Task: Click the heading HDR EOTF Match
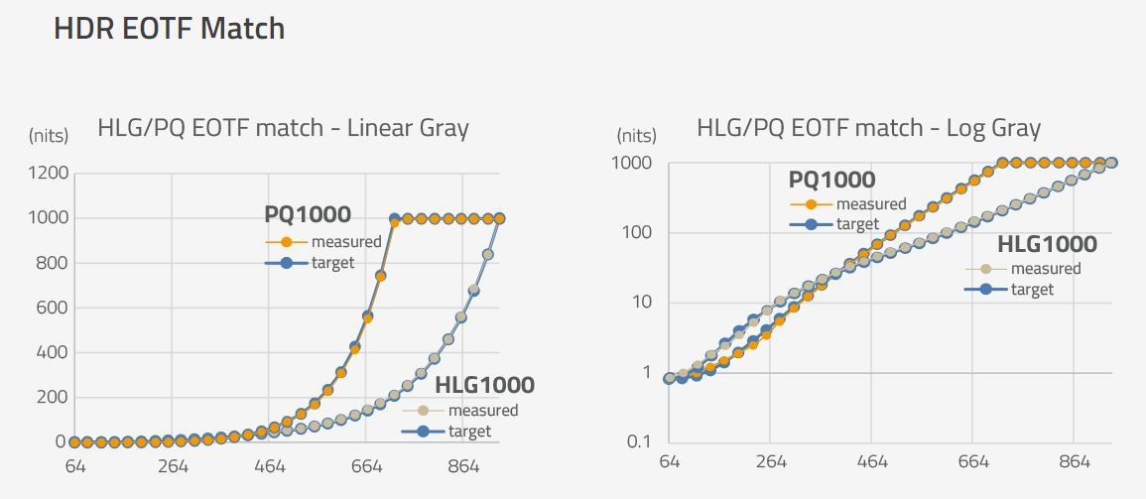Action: [169, 29]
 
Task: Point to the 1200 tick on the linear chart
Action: [50, 174]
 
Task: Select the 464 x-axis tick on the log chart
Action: [872, 461]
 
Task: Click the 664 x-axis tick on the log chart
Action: [973, 461]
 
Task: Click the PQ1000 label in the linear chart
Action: [307, 214]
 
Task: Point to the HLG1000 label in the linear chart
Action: [485, 385]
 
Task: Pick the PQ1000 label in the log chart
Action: [831, 180]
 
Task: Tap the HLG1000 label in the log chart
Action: [1047, 244]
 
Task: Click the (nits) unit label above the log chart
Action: [636, 135]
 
